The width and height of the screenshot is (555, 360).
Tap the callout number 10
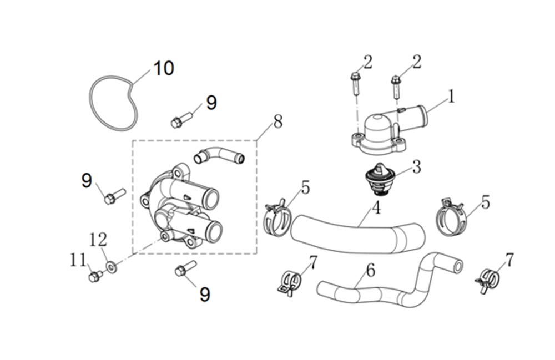point(164,68)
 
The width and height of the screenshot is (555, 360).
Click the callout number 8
point(278,122)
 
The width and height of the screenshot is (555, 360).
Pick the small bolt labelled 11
point(95,276)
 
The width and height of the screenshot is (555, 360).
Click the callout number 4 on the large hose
point(377,208)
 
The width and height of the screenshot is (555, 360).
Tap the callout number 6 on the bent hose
point(370,271)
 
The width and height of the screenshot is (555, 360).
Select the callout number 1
point(451,97)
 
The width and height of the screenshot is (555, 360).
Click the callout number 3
point(416,166)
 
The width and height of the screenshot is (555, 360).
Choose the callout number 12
point(98,240)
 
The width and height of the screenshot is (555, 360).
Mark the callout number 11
point(78,261)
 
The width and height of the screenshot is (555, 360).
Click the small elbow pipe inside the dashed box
point(219,156)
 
